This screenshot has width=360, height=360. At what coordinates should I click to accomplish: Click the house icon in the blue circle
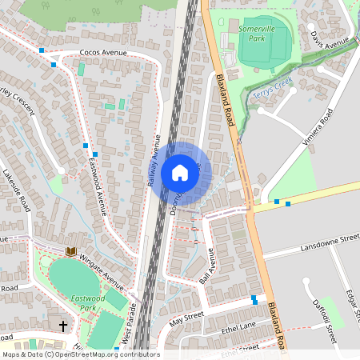click(x=180, y=173)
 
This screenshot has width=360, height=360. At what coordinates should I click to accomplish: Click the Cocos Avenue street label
click(x=104, y=53)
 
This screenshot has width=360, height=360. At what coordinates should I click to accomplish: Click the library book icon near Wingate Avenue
click(x=70, y=251)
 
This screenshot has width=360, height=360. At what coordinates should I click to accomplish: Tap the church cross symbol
click(x=63, y=326)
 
